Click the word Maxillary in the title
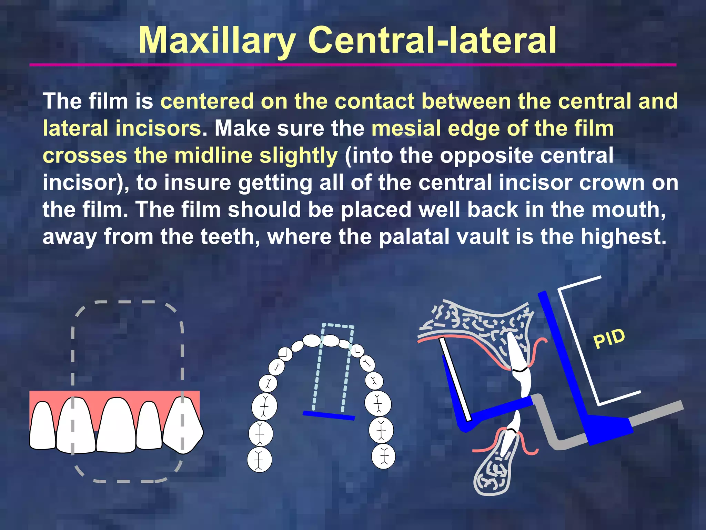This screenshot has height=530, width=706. (x=217, y=41)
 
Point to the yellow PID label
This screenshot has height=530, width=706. (x=609, y=338)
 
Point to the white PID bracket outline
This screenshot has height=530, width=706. (x=579, y=345)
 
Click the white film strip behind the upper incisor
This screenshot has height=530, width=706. (x=455, y=380)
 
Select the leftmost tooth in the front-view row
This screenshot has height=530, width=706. (x=42, y=426)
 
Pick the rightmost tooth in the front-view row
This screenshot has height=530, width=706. (x=183, y=426)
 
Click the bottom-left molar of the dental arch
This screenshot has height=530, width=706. (x=259, y=460)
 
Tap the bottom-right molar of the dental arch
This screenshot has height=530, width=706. (x=383, y=457)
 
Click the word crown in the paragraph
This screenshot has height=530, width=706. (x=612, y=183)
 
